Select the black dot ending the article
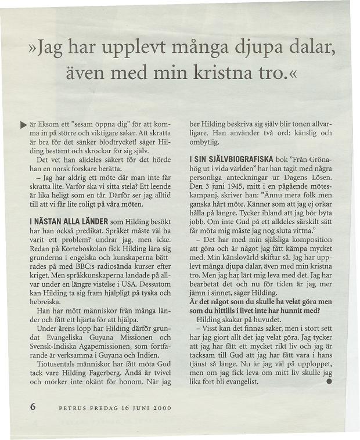[329, 381]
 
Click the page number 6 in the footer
[33, 406]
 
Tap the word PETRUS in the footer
[73, 407]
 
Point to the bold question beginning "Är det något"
[261, 302]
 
